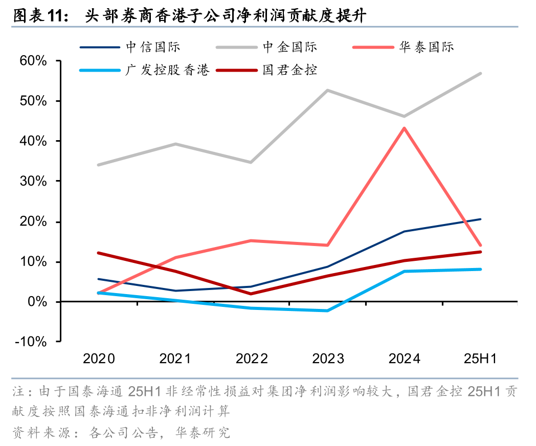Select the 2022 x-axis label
pos(251,359)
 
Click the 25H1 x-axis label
pos(480,359)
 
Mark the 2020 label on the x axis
pos(99,359)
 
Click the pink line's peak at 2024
pos(404,128)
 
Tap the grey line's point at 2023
pos(327,90)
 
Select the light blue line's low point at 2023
pos(327,310)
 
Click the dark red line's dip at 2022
pos(251,294)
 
